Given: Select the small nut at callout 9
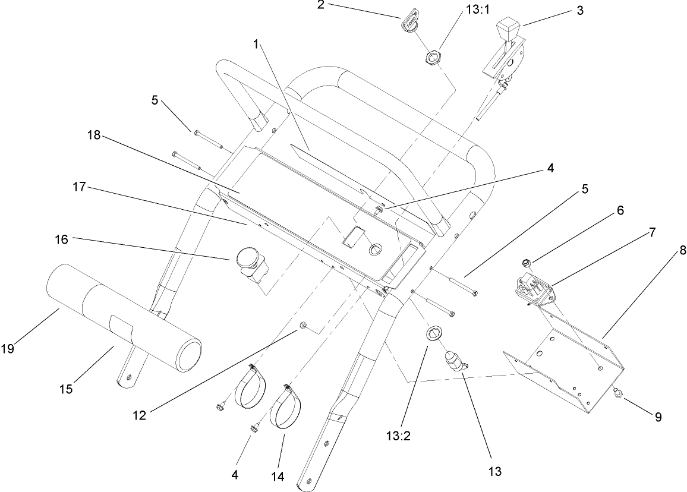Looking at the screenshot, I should (x=617, y=393).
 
